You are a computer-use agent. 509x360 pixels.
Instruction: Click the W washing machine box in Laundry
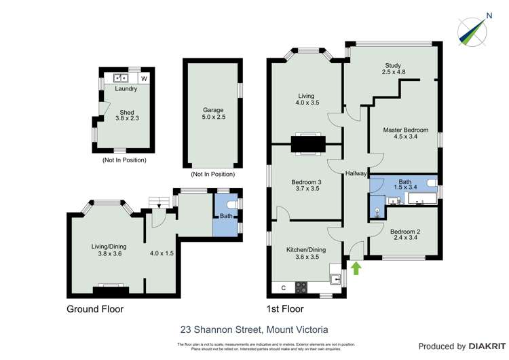143,78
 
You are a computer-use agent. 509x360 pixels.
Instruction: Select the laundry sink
121,78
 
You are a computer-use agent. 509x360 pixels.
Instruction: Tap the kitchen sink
335,278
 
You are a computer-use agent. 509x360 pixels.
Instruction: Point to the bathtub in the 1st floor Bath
421,199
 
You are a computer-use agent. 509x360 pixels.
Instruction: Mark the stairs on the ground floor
158,202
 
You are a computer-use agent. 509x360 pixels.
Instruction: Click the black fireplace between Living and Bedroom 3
308,143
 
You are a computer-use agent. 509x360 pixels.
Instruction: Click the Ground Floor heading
94,309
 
